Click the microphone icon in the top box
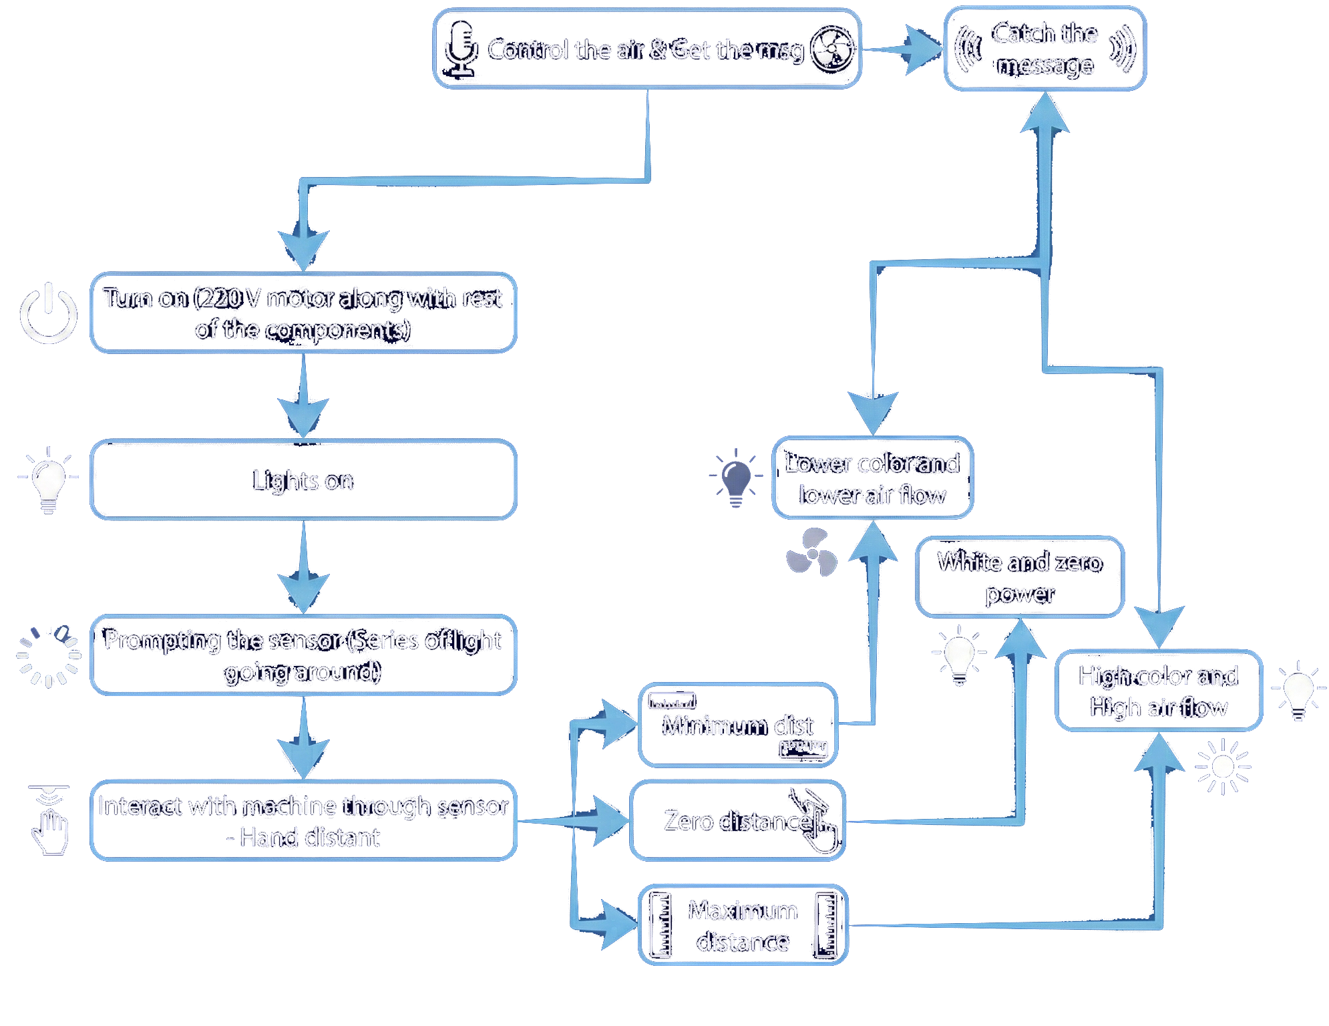coord(461,48)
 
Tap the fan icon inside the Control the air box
coord(831,49)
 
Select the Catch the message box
coord(1045,49)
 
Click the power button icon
coord(48,313)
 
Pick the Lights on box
coord(303,480)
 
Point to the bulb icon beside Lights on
coord(48,480)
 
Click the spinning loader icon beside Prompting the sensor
coord(48,656)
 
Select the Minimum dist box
coord(738,725)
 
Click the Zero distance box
coord(737,820)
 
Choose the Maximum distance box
coord(743,925)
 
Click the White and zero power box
coord(1019,577)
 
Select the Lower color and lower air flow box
coord(872,478)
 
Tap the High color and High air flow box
coord(1159,691)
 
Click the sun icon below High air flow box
coord(1223,767)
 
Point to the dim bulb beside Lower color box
coord(736,478)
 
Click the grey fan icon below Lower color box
coord(811,553)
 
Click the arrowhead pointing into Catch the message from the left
coord(925,49)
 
